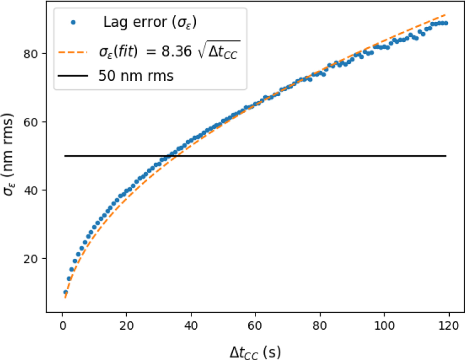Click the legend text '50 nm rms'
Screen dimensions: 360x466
[x=136, y=76]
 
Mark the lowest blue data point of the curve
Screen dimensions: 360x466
[x=66, y=292]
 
